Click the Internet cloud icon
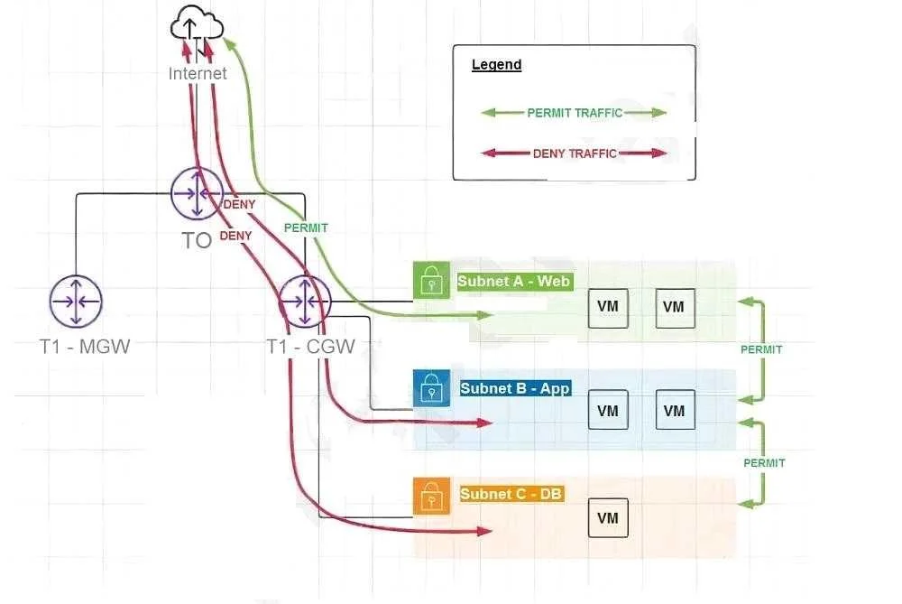(x=198, y=24)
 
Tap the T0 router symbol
(x=197, y=193)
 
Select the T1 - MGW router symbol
(x=76, y=302)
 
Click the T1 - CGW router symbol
(x=306, y=302)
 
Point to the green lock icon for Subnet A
(x=431, y=280)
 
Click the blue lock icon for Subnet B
(x=431, y=388)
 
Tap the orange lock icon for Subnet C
(x=431, y=496)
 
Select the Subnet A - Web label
(x=514, y=282)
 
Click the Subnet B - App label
(x=515, y=388)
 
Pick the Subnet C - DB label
(x=511, y=494)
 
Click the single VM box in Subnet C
(x=608, y=517)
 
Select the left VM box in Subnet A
(x=608, y=308)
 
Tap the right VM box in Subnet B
(x=675, y=410)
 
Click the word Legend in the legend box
(x=496, y=64)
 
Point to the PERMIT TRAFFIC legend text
(x=575, y=113)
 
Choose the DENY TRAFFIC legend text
(x=575, y=153)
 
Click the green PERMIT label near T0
(x=306, y=228)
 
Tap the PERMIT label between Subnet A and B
(x=761, y=349)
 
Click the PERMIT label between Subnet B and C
(x=764, y=463)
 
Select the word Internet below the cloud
(x=198, y=74)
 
